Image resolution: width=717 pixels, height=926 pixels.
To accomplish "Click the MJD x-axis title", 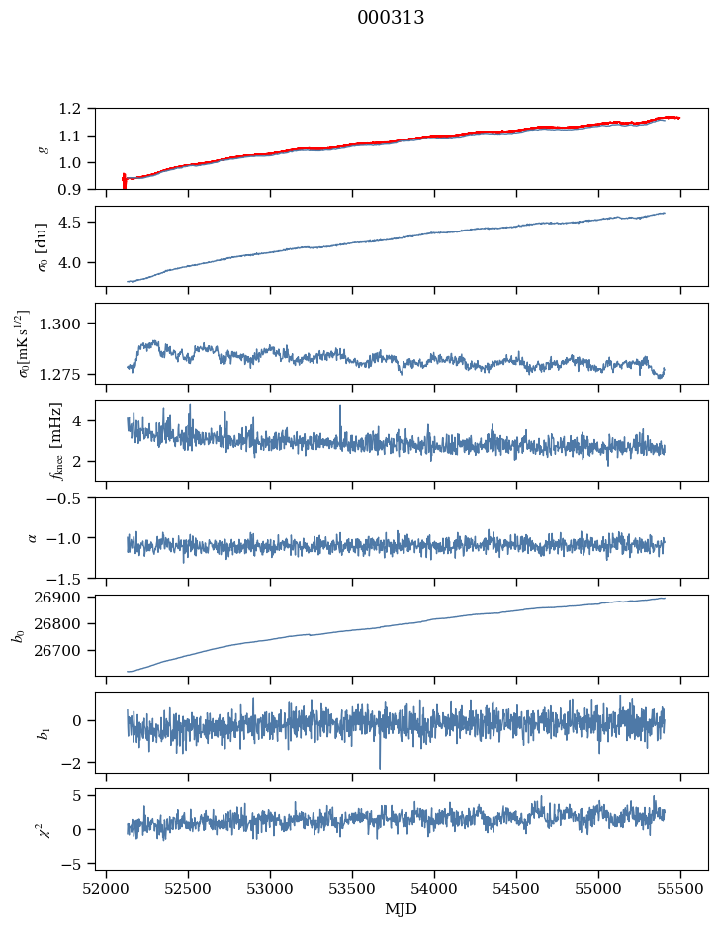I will click(402, 909).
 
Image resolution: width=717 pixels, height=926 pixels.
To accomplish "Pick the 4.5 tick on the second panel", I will click(77, 223).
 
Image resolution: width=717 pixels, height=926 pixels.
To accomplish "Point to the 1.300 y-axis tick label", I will click(69, 324).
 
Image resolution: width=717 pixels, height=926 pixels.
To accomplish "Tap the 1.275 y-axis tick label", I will click(69, 375).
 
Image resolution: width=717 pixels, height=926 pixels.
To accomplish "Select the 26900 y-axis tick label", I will click(66, 598).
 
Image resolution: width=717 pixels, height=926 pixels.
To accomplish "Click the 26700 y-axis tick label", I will click(66, 651).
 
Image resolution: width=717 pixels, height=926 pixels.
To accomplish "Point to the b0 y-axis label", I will click(19, 634).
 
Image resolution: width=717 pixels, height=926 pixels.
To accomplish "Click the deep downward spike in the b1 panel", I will click(379, 767).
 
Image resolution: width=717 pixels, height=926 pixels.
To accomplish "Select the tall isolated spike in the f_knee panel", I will click(340, 406).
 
